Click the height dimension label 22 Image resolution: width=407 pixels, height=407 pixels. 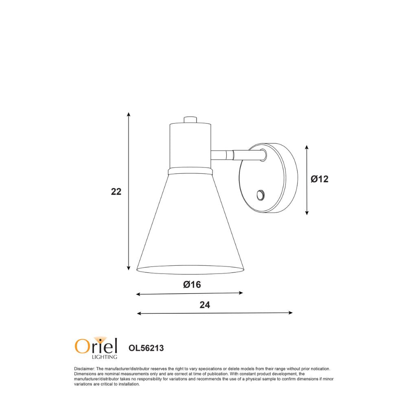tap(116, 191)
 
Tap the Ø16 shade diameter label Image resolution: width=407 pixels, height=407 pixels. tap(192, 284)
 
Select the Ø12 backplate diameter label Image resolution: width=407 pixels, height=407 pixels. tap(319, 179)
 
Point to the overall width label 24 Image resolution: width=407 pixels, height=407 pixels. tap(205, 305)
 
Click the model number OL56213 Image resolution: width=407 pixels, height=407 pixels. tap(146, 348)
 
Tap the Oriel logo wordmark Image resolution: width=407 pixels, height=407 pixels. tap(96, 346)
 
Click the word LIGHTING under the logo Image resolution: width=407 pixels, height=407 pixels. tap(105, 357)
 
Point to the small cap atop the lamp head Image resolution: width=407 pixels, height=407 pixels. tap(190, 120)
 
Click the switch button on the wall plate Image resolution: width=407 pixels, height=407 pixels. tap(260, 195)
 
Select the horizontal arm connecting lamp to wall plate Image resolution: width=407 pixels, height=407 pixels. tap(236, 155)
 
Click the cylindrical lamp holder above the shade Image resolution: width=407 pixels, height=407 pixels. tap(190, 144)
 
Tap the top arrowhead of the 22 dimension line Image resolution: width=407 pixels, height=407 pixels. tap(129, 114)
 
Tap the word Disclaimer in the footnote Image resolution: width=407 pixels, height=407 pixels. tap(84, 369)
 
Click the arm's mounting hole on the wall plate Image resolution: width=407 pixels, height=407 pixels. tap(263, 154)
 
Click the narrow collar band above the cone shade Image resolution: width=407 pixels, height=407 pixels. tap(190, 171)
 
